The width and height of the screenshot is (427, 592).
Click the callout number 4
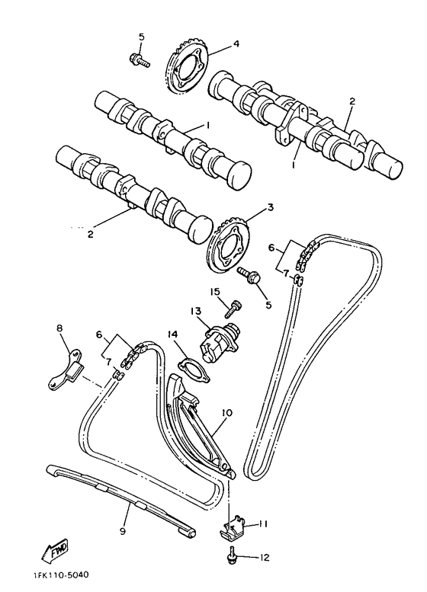pos(236,43)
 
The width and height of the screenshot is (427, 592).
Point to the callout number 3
pos(270,207)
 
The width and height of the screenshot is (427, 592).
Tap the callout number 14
pos(172,334)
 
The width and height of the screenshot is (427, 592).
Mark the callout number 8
pos(60,330)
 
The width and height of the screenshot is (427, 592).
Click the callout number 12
pos(263,558)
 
